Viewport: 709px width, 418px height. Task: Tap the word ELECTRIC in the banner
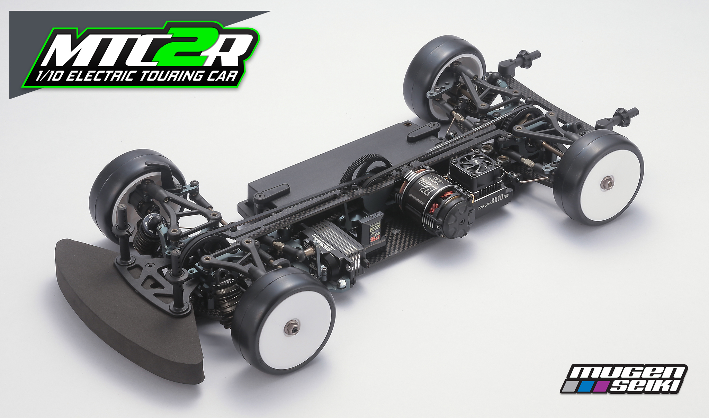click(x=100, y=76)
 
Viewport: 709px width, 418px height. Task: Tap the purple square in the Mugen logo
click(x=602, y=387)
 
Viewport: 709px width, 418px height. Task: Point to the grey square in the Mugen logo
click(x=571, y=386)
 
